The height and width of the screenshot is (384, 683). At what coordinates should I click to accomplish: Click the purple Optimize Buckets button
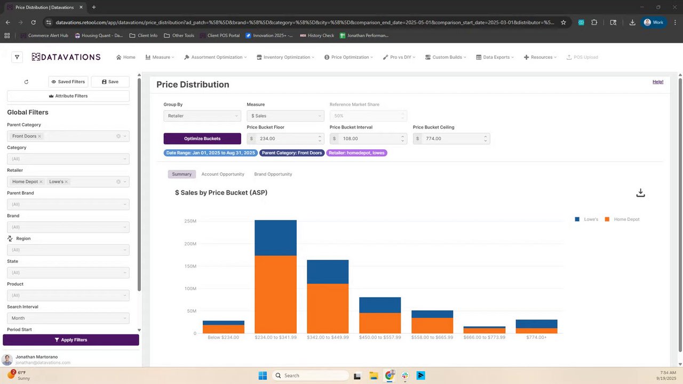click(x=202, y=139)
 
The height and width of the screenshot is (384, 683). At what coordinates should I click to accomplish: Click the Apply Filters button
click(x=71, y=340)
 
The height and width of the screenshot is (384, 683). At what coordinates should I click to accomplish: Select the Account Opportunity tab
click(x=223, y=174)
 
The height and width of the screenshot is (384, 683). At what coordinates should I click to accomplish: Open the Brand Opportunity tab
click(x=273, y=174)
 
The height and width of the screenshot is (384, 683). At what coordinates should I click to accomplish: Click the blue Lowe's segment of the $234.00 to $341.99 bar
click(x=275, y=238)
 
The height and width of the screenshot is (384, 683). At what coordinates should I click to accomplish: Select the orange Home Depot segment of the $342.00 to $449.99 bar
click(x=328, y=308)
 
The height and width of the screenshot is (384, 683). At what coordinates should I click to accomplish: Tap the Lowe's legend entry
click(x=587, y=219)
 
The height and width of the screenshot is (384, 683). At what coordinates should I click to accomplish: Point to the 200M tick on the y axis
click(x=190, y=244)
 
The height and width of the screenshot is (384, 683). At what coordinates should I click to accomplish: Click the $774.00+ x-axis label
click(x=536, y=338)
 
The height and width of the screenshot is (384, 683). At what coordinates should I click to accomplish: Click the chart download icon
click(x=640, y=193)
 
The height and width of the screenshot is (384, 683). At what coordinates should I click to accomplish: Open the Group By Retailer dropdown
click(x=202, y=116)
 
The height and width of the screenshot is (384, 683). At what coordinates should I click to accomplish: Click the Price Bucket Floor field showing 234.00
click(x=283, y=139)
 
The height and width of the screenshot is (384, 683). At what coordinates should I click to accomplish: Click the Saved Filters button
click(x=68, y=82)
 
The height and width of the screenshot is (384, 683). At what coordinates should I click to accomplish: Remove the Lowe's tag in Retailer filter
click(x=66, y=182)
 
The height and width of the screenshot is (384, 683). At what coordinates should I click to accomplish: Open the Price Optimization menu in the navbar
click(x=350, y=57)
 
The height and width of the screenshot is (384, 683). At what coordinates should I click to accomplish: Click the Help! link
click(x=658, y=82)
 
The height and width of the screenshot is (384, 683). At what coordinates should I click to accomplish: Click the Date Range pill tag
click(x=210, y=153)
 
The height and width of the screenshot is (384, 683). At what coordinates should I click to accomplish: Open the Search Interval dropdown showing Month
click(x=68, y=318)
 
